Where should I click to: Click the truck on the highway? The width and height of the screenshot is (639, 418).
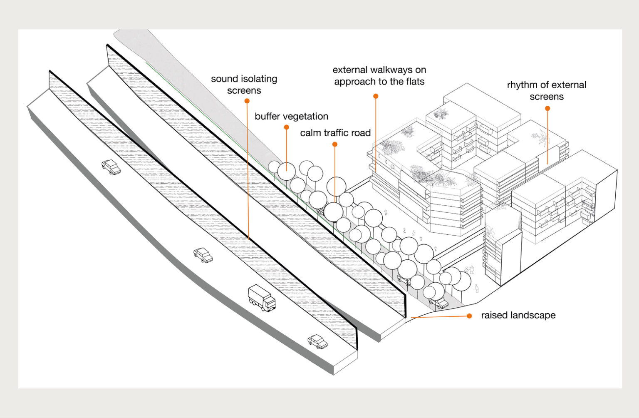coord(262,298)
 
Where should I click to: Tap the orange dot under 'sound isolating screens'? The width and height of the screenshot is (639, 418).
coord(247,101)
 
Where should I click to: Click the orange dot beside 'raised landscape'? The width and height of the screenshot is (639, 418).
coord(469,316)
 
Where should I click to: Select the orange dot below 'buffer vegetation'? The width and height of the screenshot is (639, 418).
coord(286,127)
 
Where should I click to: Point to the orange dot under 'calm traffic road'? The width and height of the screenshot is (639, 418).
coord(335,144)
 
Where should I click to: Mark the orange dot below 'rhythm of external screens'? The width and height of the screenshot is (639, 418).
coord(547,108)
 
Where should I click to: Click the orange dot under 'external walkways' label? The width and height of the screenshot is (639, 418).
coord(376,96)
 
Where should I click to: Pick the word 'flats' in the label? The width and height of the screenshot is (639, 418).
coord(415,82)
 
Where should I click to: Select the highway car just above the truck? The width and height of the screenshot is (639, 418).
coord(203,255)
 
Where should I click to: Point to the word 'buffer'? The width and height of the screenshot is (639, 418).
coord(268,117)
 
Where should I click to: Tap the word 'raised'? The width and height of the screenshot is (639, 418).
coord(494,316)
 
